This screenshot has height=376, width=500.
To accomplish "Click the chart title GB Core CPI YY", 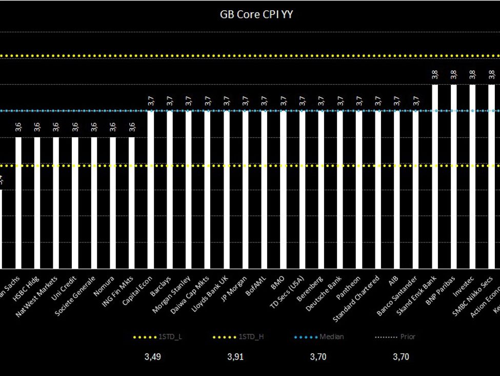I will point(256,14).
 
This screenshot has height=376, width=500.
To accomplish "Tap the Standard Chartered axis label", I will point(357,298).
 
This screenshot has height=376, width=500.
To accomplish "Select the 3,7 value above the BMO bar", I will point(283,101).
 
